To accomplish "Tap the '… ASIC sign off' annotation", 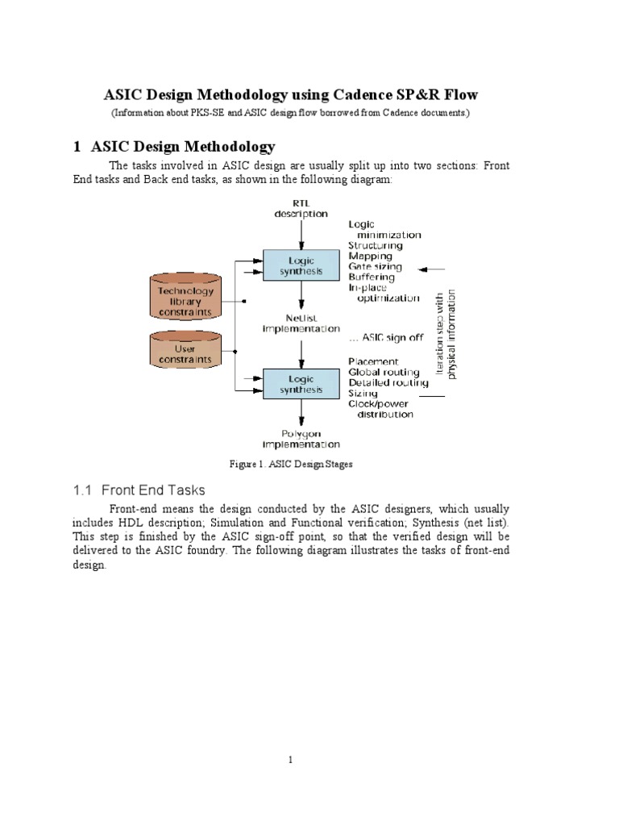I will click(x=385, y=338).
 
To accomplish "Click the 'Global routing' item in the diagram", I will click(x=383, y=373).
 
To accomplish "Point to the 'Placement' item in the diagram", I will click(x=372, y=361).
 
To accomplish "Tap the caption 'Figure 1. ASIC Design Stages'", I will click(x=292, y=464).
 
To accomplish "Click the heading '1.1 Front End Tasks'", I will click(x=139, y=490).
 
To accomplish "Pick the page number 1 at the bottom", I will click(x=291, y=759).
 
